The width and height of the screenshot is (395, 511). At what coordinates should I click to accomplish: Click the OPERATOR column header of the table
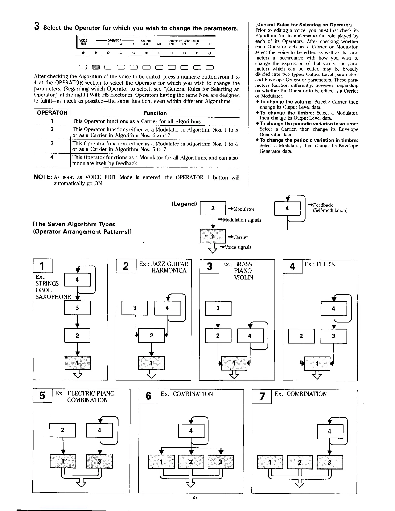(52, 113)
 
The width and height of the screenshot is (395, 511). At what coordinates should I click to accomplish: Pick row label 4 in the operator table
(52, 157)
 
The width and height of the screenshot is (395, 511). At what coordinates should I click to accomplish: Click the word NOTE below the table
(43, 177)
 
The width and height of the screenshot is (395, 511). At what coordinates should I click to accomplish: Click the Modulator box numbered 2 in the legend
(213, 208)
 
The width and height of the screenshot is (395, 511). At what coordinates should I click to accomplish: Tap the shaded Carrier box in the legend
(212, 236)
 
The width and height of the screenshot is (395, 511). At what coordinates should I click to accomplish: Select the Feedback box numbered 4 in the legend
(287, 208)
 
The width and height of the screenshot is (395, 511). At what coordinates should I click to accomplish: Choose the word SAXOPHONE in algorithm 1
(53, 297)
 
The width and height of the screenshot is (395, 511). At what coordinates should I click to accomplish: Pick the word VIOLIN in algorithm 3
(244, 277)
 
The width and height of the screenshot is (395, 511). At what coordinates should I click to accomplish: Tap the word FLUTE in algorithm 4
(326, 264)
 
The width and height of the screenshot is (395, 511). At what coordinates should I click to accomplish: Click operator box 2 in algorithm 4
(301, 336)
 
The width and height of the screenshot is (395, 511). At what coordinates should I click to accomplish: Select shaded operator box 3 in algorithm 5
(99, 461)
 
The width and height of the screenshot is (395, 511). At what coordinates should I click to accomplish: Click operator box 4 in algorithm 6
(191, 430)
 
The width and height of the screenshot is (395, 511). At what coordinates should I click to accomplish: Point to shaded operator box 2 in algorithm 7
(300, 462)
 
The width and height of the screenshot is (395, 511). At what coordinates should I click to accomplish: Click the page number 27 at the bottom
(195, 497)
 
